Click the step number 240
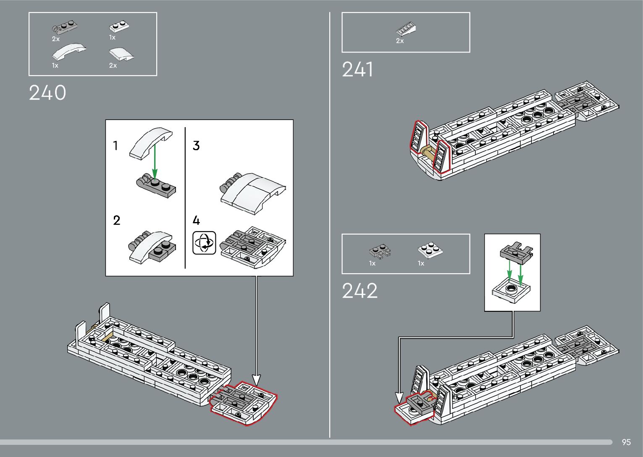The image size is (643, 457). coord(47,93)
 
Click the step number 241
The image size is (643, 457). coord(357,70)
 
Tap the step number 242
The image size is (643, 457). coord(360,291)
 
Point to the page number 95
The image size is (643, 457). coord(626,442)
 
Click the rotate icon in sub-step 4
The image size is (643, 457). coord(204,243)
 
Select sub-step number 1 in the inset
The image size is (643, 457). coord(115,146)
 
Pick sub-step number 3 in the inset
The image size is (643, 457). coord(196,146)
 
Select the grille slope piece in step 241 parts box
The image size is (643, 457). coord(406,29)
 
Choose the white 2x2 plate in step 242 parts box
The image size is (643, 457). coord(430,250)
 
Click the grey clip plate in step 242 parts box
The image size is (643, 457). coord(380,251)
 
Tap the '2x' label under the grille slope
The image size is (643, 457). coord(400,41)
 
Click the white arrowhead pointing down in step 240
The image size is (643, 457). coord(256,380)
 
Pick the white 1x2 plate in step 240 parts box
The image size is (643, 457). coord(119,26)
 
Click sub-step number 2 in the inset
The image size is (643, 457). coord(117,220)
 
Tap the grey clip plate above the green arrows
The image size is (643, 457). coord(516,252)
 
